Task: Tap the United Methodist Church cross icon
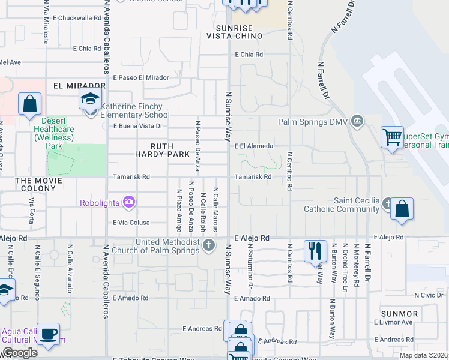click(209, 244)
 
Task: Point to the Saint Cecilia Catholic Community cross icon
click(388, 203)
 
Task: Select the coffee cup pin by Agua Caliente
click(50, 333)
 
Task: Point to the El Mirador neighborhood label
click(75, 86)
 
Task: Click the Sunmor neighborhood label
click(399, 314)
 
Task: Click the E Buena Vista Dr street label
click(138, 126)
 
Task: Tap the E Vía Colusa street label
click(131, 222)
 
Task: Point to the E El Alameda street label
click(254, 146)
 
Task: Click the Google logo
click(20, 353)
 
